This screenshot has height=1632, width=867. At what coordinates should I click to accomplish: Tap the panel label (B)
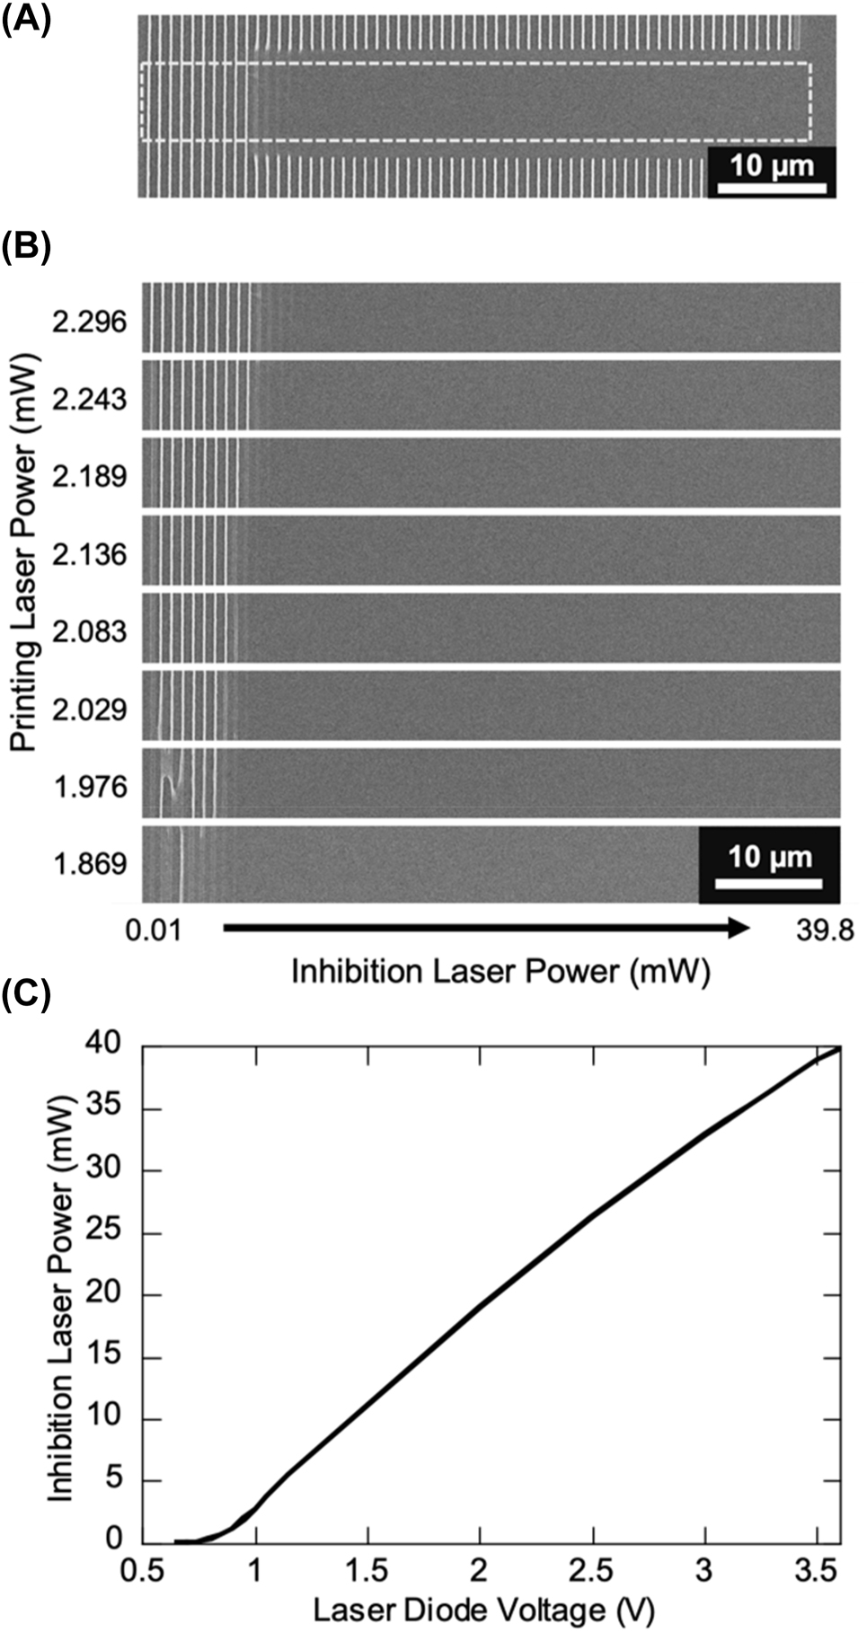(26, 246)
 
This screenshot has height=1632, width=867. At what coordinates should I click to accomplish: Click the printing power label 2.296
(90, 322)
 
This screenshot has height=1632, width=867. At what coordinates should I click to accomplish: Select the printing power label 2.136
(90, 554)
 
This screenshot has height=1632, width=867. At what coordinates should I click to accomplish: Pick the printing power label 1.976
(90, 787)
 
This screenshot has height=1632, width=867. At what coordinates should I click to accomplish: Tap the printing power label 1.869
(90, 864)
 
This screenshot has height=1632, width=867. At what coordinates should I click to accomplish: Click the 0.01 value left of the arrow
(153, 930)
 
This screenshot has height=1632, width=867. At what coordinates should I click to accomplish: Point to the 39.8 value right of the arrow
(824, 930)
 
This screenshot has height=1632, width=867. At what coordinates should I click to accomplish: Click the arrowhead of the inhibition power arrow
(739, 928)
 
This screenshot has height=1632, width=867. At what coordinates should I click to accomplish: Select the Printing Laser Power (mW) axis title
(25, 555)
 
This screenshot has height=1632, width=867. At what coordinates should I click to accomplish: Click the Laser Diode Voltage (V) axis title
(483, 1610)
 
